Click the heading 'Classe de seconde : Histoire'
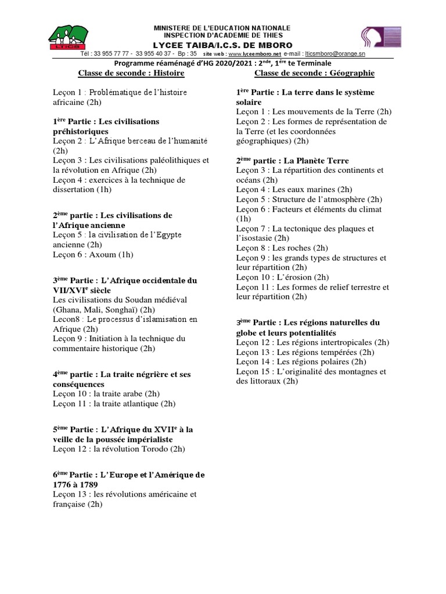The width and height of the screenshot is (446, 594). (131, 73)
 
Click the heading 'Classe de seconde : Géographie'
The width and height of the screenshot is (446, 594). (314, 73)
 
